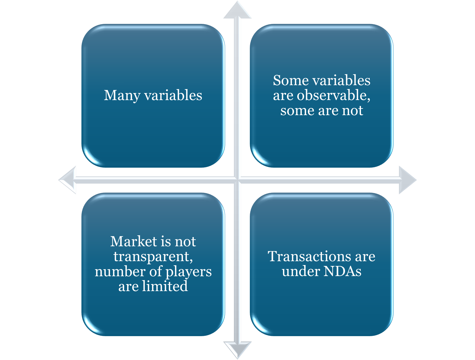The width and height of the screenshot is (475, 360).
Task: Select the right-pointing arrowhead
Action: [x=407, y=180]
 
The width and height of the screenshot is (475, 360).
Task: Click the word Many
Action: [x=122, y=96]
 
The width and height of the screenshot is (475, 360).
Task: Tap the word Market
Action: [x=134, y=241]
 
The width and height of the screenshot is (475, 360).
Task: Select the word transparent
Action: [x=153, y=257]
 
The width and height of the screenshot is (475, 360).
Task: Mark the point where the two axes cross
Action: [x=237, y=180]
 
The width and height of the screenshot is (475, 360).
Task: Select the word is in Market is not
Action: [x=166, y=241]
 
